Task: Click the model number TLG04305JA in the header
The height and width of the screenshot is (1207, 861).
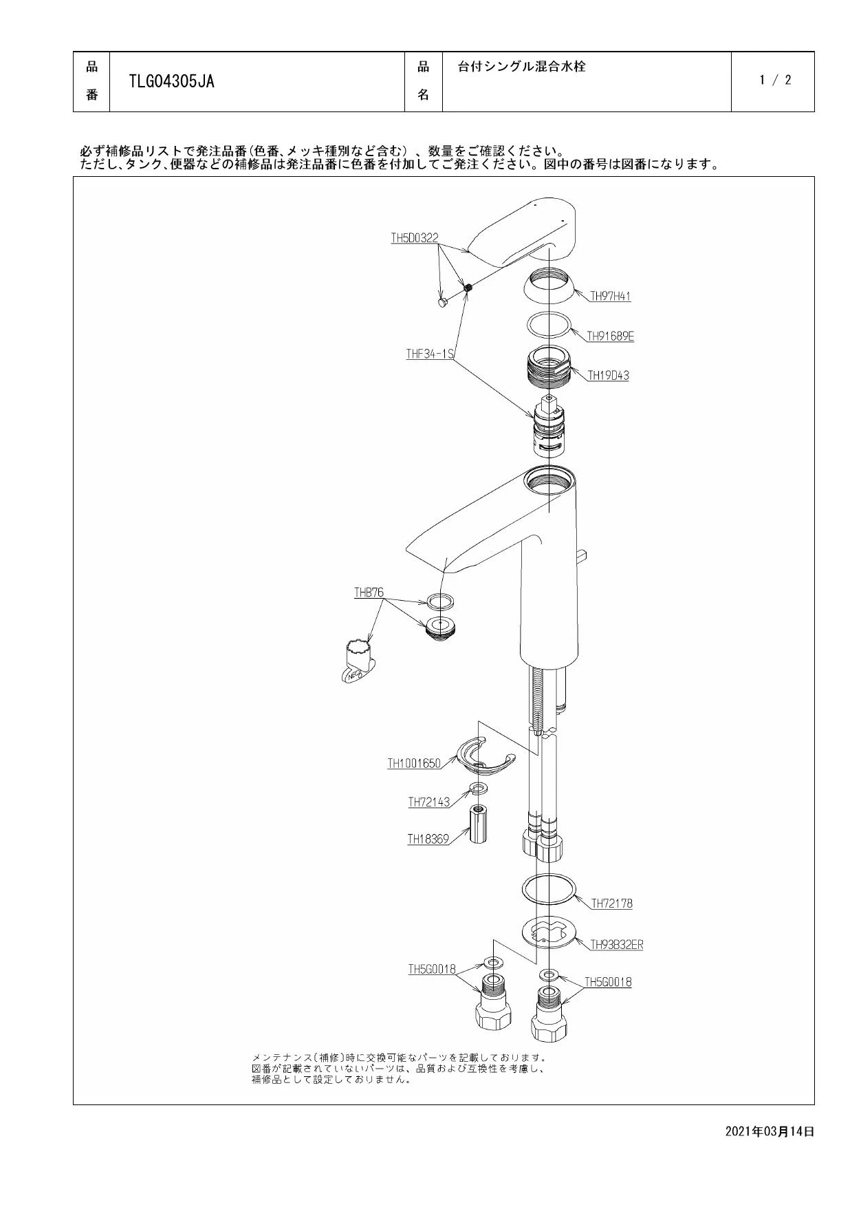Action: pos(171,82)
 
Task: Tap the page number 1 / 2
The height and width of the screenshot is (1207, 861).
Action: pos(775,80)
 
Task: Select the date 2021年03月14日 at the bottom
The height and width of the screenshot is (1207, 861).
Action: pos(770,1131)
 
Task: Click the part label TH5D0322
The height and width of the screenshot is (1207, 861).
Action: pos(414,238)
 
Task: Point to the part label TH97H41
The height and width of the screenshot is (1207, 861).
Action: pos(611,297)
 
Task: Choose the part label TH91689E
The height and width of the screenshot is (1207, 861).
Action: pos(610,337)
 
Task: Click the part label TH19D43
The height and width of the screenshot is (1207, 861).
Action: pos(608,376)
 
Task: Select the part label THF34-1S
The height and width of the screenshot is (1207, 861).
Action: pos(430,354)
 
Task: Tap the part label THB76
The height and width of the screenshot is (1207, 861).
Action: pos(369,592)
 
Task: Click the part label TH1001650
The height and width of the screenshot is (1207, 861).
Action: pos(414,763)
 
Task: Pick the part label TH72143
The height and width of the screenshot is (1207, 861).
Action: pos(428,802)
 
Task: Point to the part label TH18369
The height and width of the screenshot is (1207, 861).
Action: pos(428,839)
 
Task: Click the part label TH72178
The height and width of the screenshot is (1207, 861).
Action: pos(611,904)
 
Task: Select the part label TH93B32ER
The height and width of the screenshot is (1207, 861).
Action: pos(617,945)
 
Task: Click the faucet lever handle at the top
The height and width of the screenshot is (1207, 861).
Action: pos(523,233)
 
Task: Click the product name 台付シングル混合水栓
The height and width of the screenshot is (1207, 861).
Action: pos(522,67)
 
